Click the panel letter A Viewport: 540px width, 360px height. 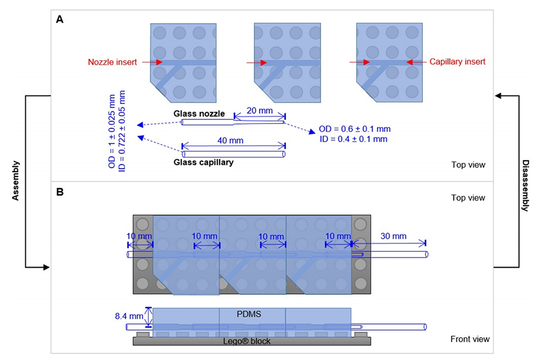point(59,20)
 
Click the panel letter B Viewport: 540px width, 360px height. point(59,192)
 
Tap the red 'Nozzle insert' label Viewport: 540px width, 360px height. point(112,62)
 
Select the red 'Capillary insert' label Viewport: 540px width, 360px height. point(457,62)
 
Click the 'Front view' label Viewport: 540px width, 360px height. point(469,339)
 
